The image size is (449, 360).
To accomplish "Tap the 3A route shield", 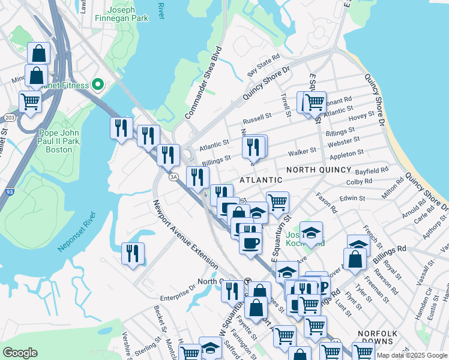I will click(174, 176).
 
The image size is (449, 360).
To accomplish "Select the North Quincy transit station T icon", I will click(247, 281).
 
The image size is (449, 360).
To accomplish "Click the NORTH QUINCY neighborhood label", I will click(317, 170).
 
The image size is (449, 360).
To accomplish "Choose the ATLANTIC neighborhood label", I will click(261, 180).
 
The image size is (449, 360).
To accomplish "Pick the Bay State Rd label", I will click(264, 66).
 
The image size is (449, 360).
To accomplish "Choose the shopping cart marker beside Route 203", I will click(31, 101).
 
